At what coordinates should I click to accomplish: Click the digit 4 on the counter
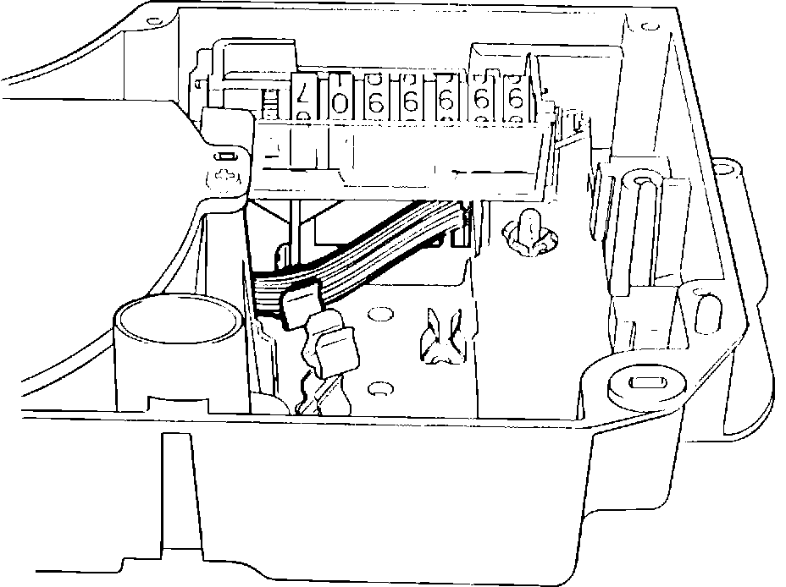point(301,99)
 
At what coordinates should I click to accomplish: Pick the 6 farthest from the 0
point(514,100)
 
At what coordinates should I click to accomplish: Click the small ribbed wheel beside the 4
point(270,105)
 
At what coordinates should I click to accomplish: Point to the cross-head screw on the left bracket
point(225,177)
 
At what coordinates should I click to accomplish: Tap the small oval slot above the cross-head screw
point(225,156)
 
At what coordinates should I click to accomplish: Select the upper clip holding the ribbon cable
point(301,305)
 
